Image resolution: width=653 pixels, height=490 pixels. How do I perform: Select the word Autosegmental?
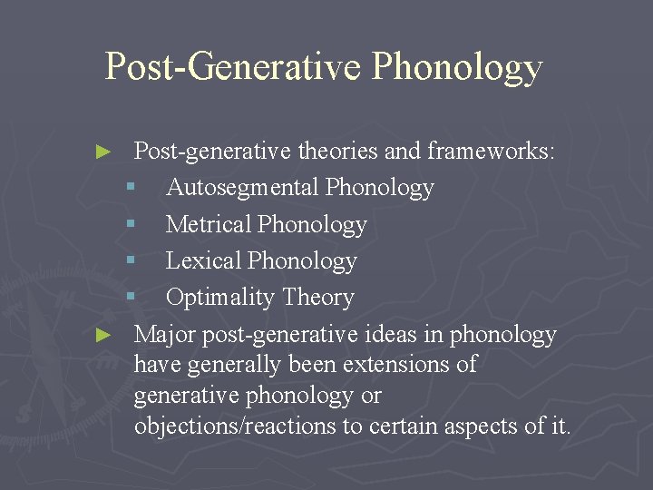[242, 188]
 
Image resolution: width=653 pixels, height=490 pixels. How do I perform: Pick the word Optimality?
[220, 297]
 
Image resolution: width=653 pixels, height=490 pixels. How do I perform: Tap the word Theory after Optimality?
[318, 297]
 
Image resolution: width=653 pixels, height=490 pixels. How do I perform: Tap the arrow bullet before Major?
[104, 335]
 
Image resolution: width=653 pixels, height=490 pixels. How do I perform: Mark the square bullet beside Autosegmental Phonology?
[131, 189]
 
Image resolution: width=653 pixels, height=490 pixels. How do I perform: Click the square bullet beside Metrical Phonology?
[131, 225]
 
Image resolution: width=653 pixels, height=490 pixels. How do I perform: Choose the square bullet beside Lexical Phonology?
[131, 261]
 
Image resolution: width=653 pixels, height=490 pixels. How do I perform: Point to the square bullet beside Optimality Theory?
[131, 298]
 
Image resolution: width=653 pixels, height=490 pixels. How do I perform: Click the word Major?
[165, 334]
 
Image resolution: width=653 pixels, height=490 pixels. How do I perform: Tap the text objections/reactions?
[235, 426]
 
